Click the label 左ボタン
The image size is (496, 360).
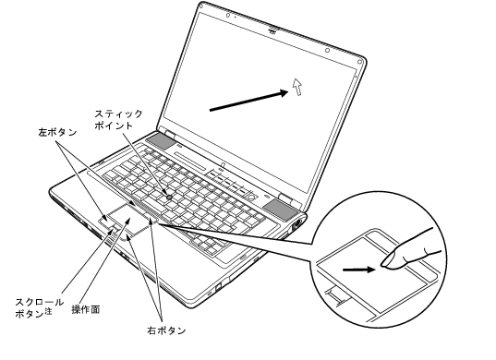click(x=57, y=132)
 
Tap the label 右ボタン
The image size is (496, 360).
click(x=166, y=330)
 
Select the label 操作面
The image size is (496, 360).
click(x=86, y=309)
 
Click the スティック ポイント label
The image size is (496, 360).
click(x=118, y=119)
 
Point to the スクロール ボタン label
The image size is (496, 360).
click(x=39, y=307)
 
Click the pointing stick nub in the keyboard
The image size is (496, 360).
click(x=170, y=197)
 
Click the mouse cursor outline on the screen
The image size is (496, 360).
click(x=297, y=87)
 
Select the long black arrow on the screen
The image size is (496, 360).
click(x=249, y=101)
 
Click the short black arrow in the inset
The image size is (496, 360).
click(x=359, y=270)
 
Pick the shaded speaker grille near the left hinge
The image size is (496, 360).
click(x=160, y=140)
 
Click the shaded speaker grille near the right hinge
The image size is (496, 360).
click(x=280, y=210)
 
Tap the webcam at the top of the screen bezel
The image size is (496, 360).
click(x=272, y=30)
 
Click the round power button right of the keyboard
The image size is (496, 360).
click(x=252, y=197)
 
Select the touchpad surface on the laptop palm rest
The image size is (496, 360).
click(x=129, y=219)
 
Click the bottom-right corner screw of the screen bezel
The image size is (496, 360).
click(x=359, y=62)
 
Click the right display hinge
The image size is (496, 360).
click(x=284, y=198)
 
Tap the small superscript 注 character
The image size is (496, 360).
click(x=48, y=311)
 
